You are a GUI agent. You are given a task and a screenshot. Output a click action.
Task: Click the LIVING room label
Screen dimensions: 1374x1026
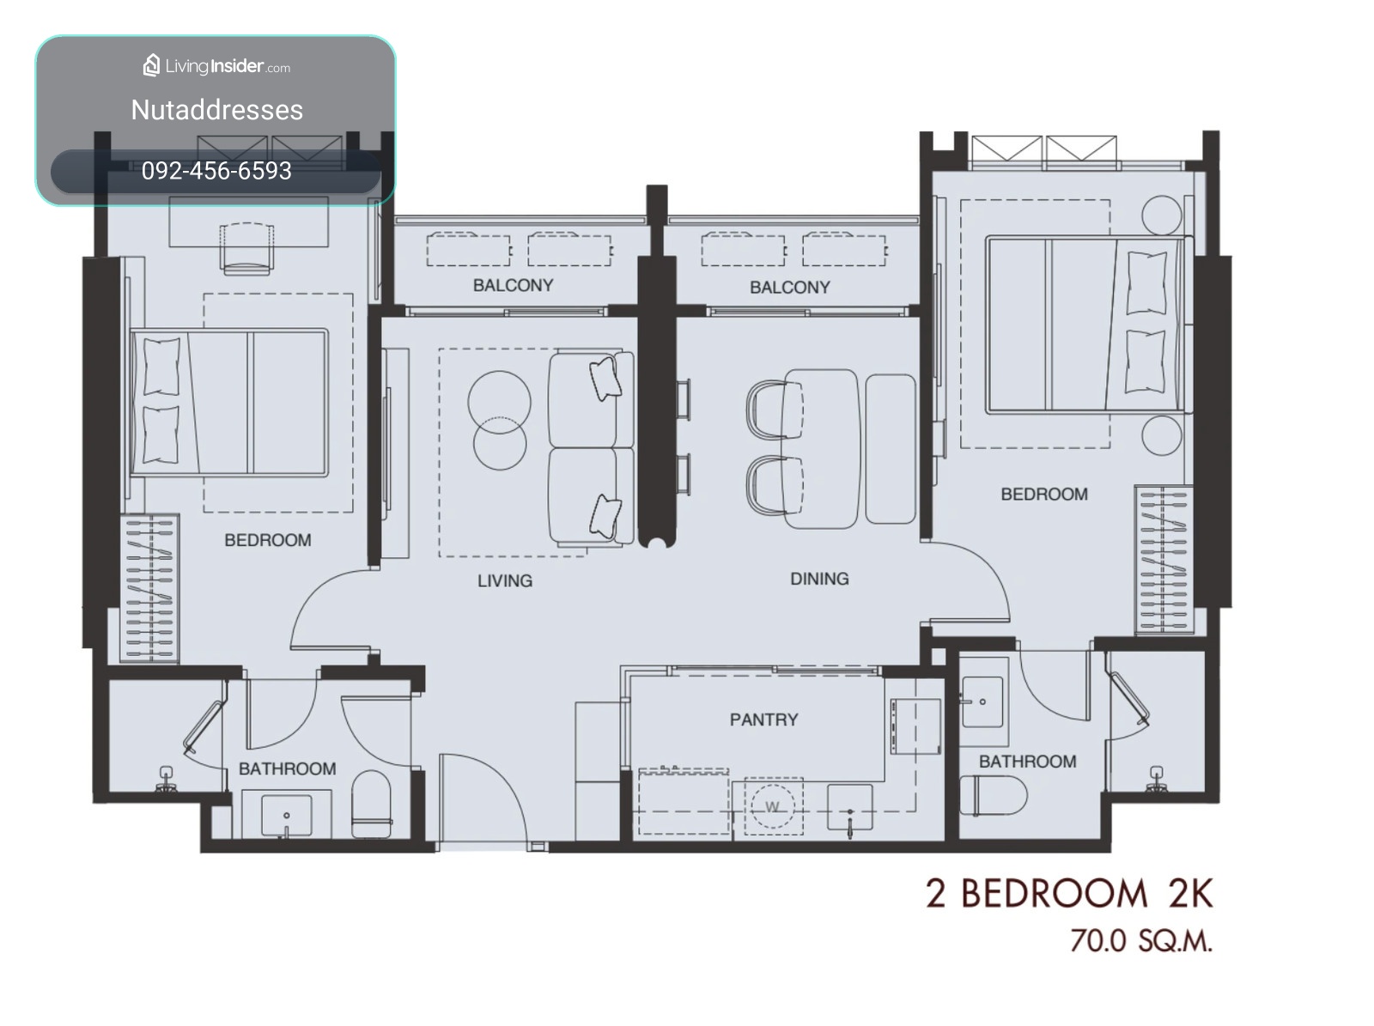(x=505, y=580)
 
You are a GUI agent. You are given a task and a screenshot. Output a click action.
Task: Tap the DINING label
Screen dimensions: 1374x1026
(x=818, y=579)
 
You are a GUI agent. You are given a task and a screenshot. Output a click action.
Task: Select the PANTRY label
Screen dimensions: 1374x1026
(x=763, y=719)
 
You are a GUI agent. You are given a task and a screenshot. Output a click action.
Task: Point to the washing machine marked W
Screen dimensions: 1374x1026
(x=772, y=806)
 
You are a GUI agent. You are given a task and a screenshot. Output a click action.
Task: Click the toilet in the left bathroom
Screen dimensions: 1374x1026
(x=371, y=804)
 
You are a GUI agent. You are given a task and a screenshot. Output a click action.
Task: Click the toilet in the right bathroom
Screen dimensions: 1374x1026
(x=993, y=796)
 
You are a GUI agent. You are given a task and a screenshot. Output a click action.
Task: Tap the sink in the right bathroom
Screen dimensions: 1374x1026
(x=982, y=701)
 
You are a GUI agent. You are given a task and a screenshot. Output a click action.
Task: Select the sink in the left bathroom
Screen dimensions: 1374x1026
(x=286, y=815)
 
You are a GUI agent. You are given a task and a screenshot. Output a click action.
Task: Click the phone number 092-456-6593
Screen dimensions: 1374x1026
(x=216, y=171)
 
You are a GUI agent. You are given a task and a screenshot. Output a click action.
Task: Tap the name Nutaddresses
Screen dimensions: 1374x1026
(x=216, y=110)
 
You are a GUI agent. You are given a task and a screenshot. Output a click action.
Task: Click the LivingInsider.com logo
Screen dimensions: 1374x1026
(x=216, y=66)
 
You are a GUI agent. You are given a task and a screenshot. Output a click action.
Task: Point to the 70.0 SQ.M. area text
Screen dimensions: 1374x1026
(x=1140, y=940)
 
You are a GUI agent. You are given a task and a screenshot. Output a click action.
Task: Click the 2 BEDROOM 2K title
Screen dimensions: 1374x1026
(x=1069, y=893)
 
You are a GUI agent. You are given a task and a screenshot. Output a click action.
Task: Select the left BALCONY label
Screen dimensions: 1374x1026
(x=513, y=285)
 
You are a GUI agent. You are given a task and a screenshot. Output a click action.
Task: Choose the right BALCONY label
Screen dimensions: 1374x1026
(x=789, y=287)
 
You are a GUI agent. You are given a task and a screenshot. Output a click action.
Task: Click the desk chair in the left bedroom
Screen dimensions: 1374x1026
(x=246, y=248)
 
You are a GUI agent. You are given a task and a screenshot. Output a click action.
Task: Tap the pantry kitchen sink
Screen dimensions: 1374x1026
(x=849, y=808)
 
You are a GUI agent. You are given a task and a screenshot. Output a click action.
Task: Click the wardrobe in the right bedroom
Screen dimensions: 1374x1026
(x=1163, y=559)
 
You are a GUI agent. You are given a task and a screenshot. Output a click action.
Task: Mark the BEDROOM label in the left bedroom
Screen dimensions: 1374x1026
(x=267, y=540)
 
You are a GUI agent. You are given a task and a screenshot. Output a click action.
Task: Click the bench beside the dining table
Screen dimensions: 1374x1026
(x=891, y=448)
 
